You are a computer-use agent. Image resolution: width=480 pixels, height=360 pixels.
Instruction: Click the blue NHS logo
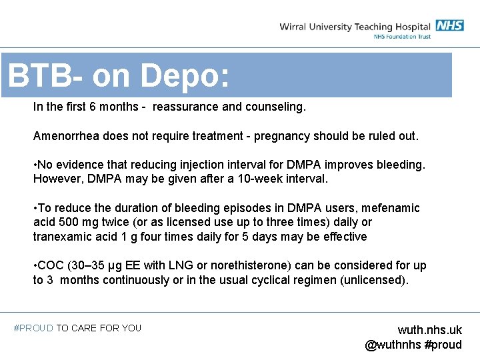(x=450, y=26)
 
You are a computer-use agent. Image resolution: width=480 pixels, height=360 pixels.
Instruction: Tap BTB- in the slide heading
(x=45, y=77)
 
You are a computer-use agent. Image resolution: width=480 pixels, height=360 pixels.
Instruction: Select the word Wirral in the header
(x=295, y=27)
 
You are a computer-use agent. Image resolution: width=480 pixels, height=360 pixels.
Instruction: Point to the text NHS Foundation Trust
(x=402, y=37)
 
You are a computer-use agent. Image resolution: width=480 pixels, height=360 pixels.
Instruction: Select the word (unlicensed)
(x=373, y=280)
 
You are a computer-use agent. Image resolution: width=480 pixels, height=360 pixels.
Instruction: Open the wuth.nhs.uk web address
(x=429, y=330)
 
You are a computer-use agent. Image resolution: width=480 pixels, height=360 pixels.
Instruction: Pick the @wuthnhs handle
(x=393, y=345)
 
